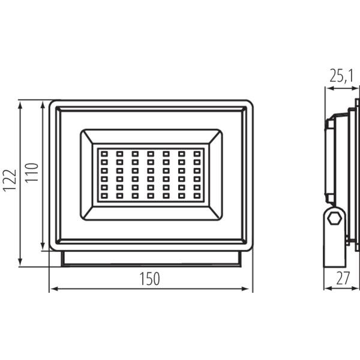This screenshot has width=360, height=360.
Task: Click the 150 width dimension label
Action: [x=149, y=279]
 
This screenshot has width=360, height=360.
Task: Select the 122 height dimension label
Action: [x=10, y=181]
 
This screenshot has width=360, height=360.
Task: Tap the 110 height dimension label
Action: [x=31, y=173]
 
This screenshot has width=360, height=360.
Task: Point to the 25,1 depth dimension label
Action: [x=341, y=76]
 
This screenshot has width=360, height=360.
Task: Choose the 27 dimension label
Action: [x=343, y=278]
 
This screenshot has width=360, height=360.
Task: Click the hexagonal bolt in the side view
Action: [x=334, y=218]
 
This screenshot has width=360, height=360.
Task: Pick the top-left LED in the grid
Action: [x=104, y=154]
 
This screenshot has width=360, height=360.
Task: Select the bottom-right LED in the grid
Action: [x=197, y=196]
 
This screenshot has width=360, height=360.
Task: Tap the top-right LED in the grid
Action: [x=197, y=154]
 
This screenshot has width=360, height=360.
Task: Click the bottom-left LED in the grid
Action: [x=104, y=196]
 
